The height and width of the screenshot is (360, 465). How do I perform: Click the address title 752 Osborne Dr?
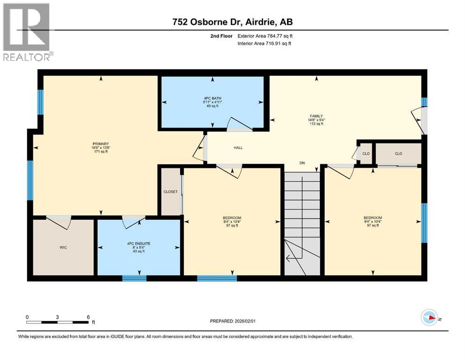coord(232,22)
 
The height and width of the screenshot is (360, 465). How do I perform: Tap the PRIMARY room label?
coord(101,144)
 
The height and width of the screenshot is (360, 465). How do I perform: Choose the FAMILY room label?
coord(316,116)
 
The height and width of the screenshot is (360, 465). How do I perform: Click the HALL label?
coord(238,148)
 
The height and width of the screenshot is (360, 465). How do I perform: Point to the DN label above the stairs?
coord(303,163)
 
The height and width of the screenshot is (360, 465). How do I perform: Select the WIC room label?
coord(64,247)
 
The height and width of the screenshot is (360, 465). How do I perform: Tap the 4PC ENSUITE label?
coord(138,243)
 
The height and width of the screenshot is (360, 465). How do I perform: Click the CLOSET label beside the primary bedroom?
coord(170,191)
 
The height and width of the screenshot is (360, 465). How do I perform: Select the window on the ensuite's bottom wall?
coord(134,278)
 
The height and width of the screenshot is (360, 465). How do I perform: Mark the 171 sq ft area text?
coord(101,152)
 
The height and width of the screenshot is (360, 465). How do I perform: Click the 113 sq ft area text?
coord(316,124)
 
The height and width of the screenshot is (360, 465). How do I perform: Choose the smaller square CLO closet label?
coord(366,153)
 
